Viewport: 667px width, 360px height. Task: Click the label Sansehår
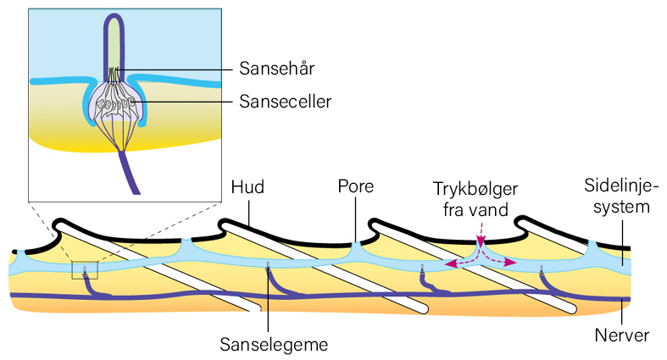tap(277, 68)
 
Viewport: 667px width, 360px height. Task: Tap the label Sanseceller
tap(285, 101)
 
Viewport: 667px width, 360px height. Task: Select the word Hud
tap(247, 186)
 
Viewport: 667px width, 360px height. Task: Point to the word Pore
tap(356, 186)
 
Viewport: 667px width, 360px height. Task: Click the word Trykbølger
tap(475, 190)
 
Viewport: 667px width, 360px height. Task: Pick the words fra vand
tap(475, 209)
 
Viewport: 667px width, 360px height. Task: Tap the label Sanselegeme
tap(274, 344)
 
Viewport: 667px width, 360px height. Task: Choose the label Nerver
tap(622, 335)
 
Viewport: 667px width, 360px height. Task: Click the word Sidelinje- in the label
tap(621, 186)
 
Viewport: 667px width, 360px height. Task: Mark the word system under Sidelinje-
tap(621, 207)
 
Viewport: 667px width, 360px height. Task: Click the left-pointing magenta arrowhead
tap(448, 264)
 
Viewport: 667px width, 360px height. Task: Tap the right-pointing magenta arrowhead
tap(512, 263)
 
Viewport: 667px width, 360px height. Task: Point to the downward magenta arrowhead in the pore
tap(481, 243)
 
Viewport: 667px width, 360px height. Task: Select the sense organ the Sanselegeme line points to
tap(268, 269)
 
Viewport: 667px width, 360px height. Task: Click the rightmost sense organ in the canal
tap(542, 269)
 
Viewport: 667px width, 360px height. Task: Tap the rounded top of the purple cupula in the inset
tap(114, 16)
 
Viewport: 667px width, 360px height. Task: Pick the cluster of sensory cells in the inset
tap(114, 102)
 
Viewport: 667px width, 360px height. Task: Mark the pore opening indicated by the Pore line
tap(356, 246)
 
